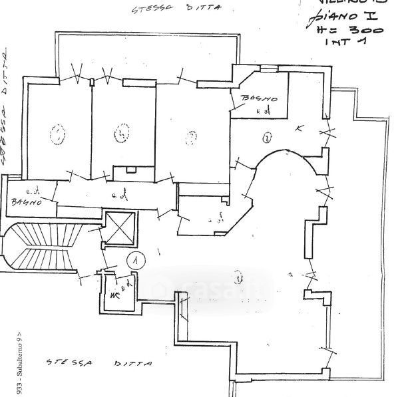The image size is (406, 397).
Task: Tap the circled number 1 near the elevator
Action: click(135, 260)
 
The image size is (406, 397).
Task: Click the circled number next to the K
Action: click(266, 138)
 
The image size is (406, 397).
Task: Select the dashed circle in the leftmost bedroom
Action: click(57, 135)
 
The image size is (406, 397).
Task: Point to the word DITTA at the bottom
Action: click(133, 364)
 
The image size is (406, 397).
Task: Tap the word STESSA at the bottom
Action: click(69, 363)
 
